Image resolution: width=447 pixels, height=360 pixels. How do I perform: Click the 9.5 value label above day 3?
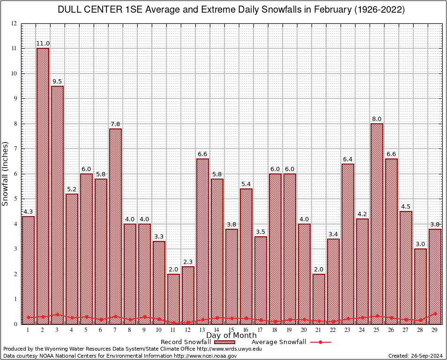pyautogui.click(x=57, y=82)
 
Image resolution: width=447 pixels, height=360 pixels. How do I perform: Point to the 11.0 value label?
pyautogui.click(x=43, y=44)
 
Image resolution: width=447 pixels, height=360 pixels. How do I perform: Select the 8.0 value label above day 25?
pyautogui.click(x=377, y=119)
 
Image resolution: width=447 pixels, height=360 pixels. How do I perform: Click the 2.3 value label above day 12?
pyautogui.click(x=188, y=262)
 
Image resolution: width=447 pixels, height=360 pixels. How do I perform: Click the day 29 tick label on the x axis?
pyautogui.click(x=435, y=330)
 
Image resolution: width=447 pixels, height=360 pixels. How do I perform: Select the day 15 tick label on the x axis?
pyautogui.click(x=231, y=330)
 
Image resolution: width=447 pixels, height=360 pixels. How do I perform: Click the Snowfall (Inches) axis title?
pyautogui.click(x=6, y=174)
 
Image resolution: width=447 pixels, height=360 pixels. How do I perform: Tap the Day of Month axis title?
pyautogui.click(x=231, y=336)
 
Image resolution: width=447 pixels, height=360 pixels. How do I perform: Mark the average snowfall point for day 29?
pyautogui.click(x=435, y=314)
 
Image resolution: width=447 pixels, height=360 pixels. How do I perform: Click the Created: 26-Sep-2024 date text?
pyautogui.click(x=415, y=356)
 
